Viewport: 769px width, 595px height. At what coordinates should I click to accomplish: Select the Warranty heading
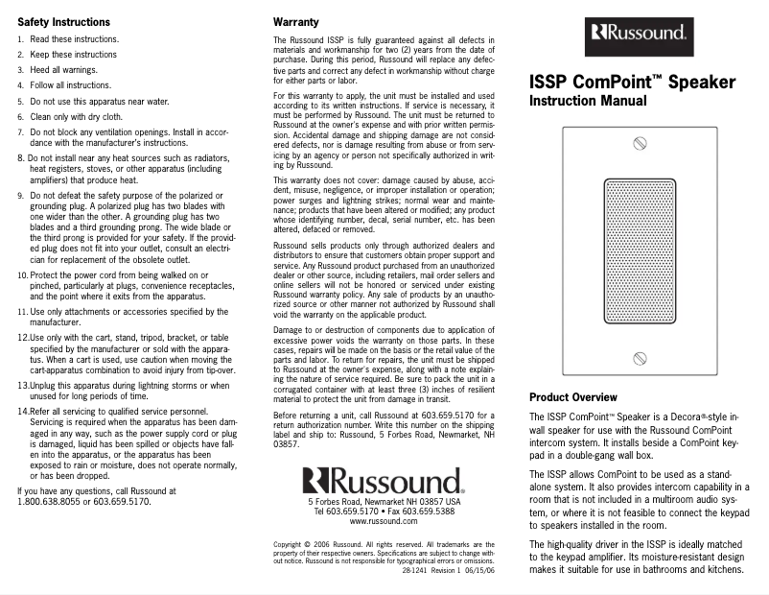click(x=296, y=21)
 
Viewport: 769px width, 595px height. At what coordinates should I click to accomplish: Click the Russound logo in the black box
click(x=638, y=35)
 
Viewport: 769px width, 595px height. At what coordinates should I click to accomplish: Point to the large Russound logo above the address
click(x=384, y=482)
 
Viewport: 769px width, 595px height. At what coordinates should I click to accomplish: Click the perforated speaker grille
click(x=637, y=250)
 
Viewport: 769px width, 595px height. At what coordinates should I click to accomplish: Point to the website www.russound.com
click(x=384, y=521)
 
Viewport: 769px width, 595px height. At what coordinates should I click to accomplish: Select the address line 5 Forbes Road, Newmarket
click(x=384, y=502)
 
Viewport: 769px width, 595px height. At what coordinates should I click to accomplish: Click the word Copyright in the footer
click(x=291, y=544)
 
